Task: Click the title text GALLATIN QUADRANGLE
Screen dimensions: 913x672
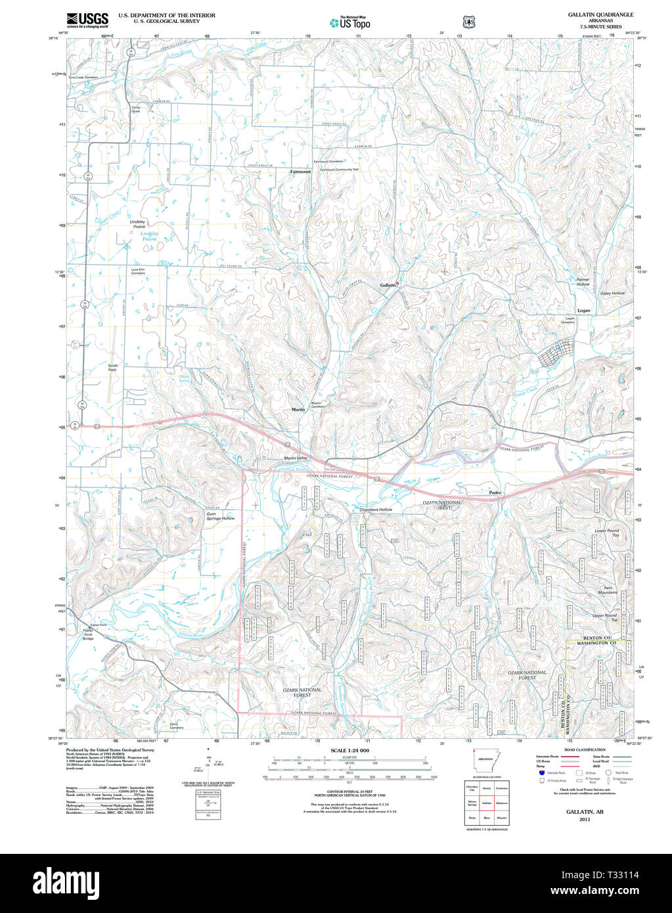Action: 600,14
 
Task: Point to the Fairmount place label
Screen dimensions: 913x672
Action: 300,171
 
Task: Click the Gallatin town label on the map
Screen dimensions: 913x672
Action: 388,285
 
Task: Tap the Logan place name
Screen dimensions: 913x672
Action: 583,311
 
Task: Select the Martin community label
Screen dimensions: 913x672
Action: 298,409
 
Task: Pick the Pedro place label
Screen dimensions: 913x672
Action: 495,492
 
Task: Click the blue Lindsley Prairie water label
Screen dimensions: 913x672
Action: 149,236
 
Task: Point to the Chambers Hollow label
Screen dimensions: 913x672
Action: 376,510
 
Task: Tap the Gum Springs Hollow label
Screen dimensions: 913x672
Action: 220,516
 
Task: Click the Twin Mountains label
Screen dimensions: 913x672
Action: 607,590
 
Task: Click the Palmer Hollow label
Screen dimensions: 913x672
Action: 583,282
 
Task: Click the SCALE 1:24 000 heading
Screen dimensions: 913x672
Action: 349,750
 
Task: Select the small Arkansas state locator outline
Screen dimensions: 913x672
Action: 485,759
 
